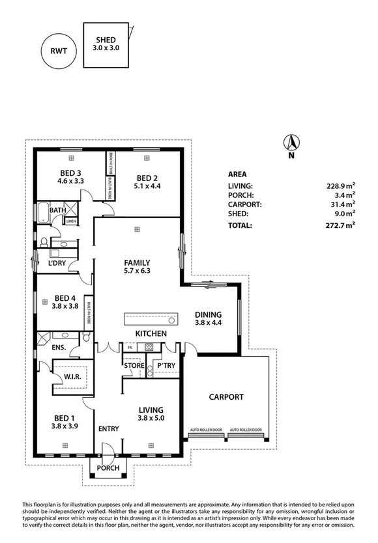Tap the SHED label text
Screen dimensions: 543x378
(x=106, y=39)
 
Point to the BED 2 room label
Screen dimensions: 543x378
(x=147, y=178)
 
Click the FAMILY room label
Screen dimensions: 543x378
(x=138, y=263)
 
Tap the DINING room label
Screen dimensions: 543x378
(x=208, y=314)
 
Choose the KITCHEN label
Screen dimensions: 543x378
(x=151, y=333)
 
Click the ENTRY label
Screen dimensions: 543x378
(x=108, y=429)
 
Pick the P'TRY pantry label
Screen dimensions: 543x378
(x=166, y=366)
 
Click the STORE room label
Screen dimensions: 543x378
(x=134, y=366)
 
